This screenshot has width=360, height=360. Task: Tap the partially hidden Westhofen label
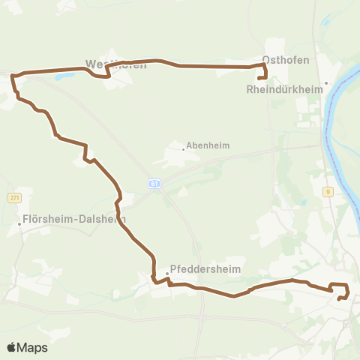coord(115,64)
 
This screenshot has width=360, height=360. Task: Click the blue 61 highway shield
coord(154,183)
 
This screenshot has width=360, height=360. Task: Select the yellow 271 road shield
coord(14,197)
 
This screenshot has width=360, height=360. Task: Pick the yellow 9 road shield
coord(328,192)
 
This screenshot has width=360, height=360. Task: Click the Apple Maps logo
coord(27,347)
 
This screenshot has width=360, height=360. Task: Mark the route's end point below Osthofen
coord(259,78)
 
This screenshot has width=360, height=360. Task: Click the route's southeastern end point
coord(340,298)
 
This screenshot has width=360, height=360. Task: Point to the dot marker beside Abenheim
coord(183,148)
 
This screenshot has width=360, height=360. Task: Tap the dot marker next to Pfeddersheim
coord(167,273)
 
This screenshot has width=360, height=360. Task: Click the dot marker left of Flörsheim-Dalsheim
coord(20,223)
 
